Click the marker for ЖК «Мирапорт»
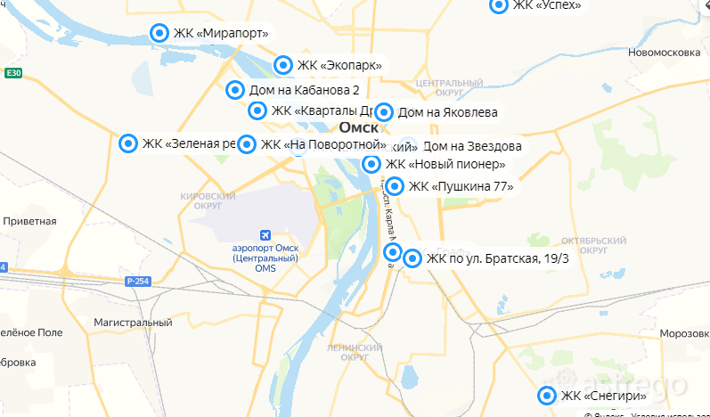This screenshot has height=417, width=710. (159, 33)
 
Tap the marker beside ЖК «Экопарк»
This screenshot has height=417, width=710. (282, 64)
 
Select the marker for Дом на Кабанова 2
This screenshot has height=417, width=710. (234, 90)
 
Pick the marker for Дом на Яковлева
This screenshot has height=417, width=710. (384, 112)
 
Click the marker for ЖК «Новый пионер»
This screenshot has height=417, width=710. (371, 164)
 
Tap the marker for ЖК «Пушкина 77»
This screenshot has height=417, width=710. (394, 186)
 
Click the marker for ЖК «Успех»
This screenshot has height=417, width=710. (499, 5)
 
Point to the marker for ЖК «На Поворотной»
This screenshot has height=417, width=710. (247, 144)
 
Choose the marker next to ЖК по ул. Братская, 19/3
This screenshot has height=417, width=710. (412, 258)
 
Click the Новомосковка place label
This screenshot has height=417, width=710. (661, 53)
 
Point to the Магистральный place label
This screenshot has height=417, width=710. (133, 322)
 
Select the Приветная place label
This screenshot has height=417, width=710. (29, 221)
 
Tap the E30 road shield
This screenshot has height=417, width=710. (12, 72)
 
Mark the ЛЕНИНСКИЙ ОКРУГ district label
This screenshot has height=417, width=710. (355, 352)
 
